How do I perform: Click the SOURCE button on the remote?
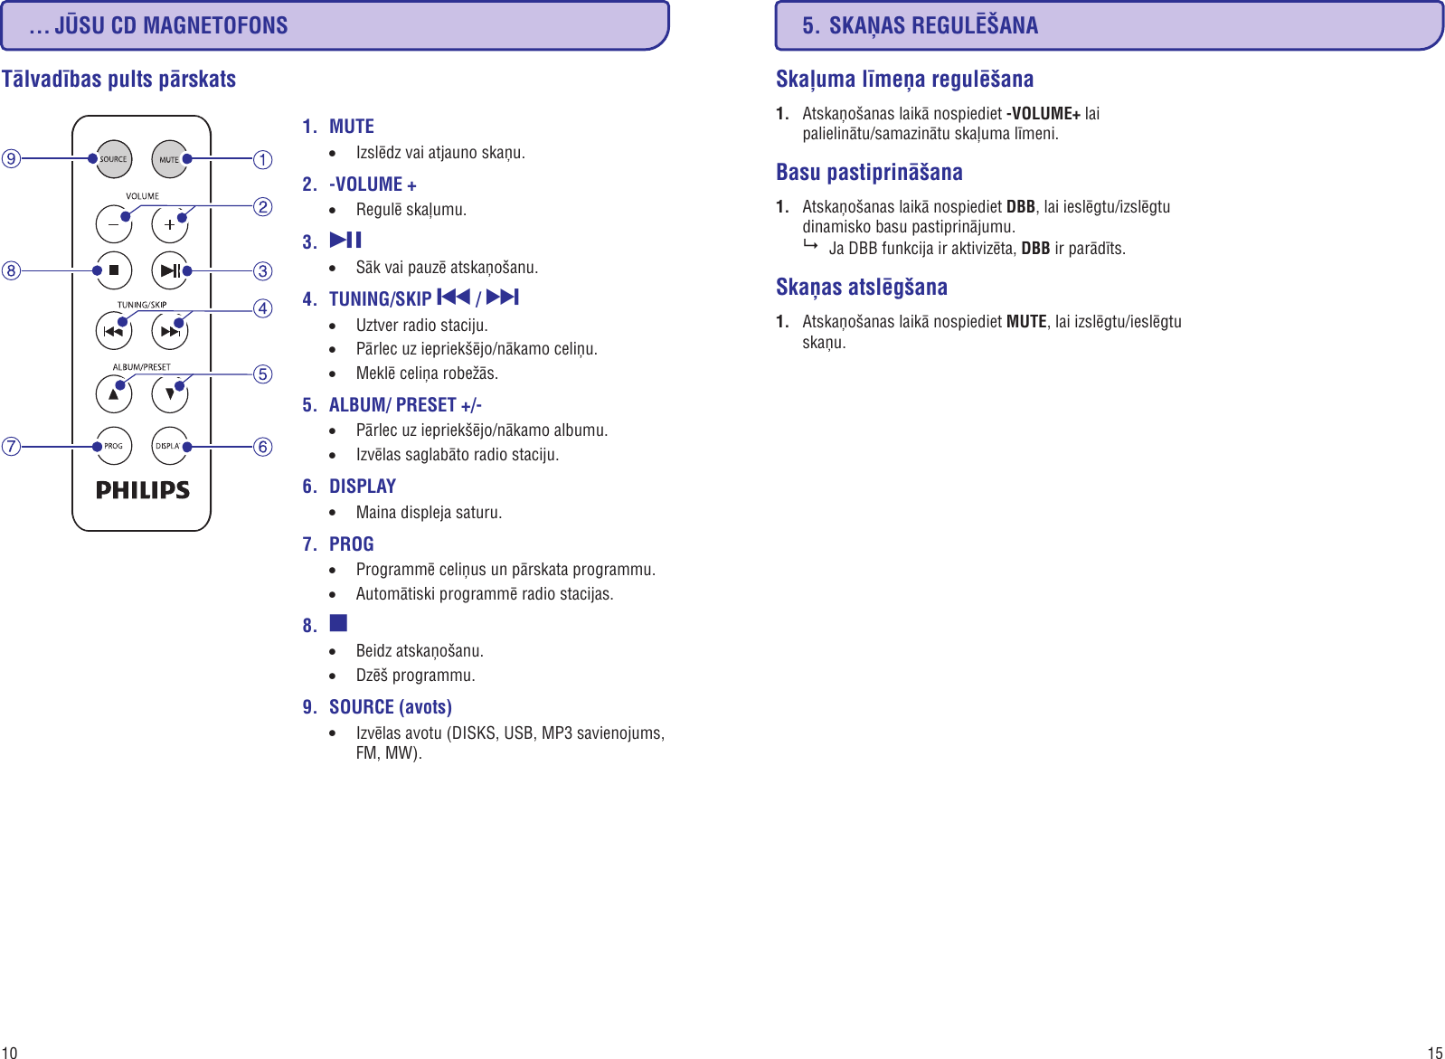click(x=114, y=159)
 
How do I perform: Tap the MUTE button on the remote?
click(x=169, y=159)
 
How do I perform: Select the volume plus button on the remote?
click(x=169, y=224)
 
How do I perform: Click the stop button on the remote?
click(x=114, y=270)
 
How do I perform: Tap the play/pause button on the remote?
click(x=169, y=270)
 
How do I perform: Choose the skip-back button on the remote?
click(x=114, y=331)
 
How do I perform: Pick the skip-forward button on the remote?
click(x=169, y=331)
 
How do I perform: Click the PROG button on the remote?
click(x=114, y=446)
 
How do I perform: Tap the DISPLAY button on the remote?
click(x=169, y=446)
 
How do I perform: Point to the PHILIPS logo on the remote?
click(x=143, y=490)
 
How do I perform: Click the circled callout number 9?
click(x=11, y=159)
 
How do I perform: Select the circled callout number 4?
click(x=263, y=308)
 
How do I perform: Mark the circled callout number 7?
click(x=11, y=446)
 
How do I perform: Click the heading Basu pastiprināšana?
click(x=869, y=172)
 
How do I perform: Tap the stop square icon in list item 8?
click(x=338, y=623)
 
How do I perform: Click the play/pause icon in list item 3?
click(x=345, y=240)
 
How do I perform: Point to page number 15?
click(x=1434, y=1052)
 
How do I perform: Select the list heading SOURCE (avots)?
click(x=391, y=707)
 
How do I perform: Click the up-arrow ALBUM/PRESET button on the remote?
click(x=114, y=393)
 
